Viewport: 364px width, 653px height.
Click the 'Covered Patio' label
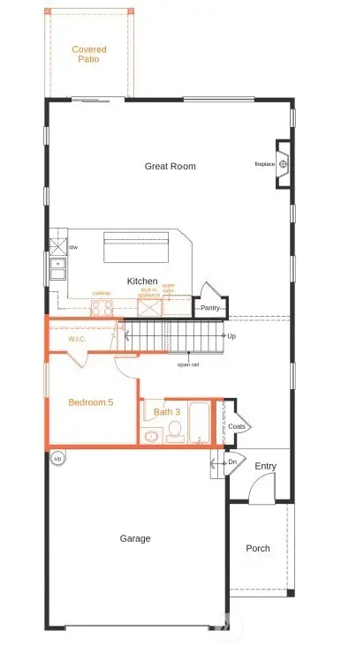click(x=89, y=54)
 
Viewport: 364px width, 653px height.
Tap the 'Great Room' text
click(x=171, y=166)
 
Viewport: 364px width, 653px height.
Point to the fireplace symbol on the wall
click(x=284, y=164)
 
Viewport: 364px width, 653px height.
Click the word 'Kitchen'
click(x=142, y=281)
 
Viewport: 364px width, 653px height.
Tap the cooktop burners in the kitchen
click(x=100, y=308)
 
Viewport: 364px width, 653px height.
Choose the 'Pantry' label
click(x=209, y=308)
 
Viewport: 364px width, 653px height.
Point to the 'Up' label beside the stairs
click(x=231, y=336)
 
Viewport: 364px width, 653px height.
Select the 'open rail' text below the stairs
click(x=187, y=364)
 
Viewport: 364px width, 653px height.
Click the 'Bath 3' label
click(x=166, y=412)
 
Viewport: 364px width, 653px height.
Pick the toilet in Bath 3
click(x=175, y=431)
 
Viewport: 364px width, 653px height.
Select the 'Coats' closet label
click(x=236, y=426)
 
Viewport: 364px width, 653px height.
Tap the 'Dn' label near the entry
click(x=232, y=462)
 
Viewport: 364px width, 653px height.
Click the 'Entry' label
click(x=265, y=466)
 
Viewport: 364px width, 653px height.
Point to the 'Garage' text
click(x=135, y=538)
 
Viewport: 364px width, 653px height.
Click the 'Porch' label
click(x=258, y=548)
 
